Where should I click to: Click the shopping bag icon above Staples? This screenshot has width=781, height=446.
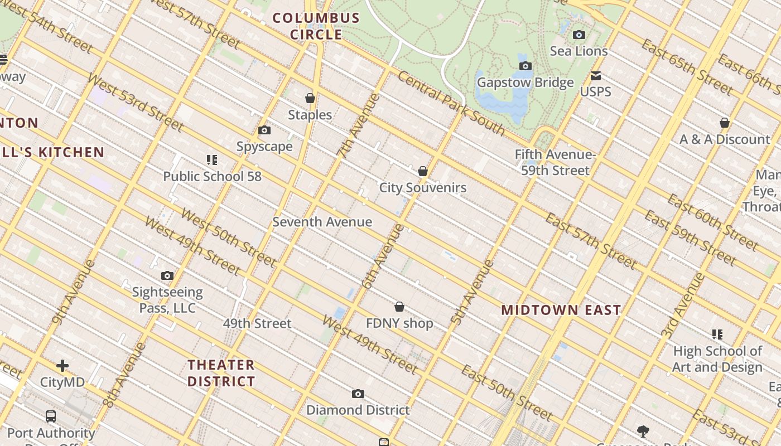310,99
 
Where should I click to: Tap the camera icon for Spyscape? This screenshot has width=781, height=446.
264,130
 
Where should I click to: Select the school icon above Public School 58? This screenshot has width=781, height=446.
211,161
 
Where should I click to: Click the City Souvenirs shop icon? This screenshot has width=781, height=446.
423,171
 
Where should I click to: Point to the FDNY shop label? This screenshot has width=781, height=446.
399,323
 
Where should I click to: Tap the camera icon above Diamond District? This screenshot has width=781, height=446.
358,394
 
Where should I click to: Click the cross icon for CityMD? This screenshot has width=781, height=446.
62,366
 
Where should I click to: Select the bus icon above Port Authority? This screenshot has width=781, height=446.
51,416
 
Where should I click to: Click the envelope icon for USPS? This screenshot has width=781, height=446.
596,76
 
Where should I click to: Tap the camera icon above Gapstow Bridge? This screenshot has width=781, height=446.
525,66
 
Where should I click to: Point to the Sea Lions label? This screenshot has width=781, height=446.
578,51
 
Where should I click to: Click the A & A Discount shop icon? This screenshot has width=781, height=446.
725,123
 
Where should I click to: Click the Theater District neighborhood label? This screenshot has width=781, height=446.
221,373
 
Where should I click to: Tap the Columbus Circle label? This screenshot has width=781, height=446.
316,26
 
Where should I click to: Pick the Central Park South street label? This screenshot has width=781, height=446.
451,104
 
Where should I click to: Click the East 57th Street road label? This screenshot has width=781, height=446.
590,240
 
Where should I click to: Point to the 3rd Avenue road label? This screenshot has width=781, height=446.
683,306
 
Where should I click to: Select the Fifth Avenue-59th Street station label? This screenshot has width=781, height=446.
555,162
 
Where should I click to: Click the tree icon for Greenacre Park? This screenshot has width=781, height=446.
643,431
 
